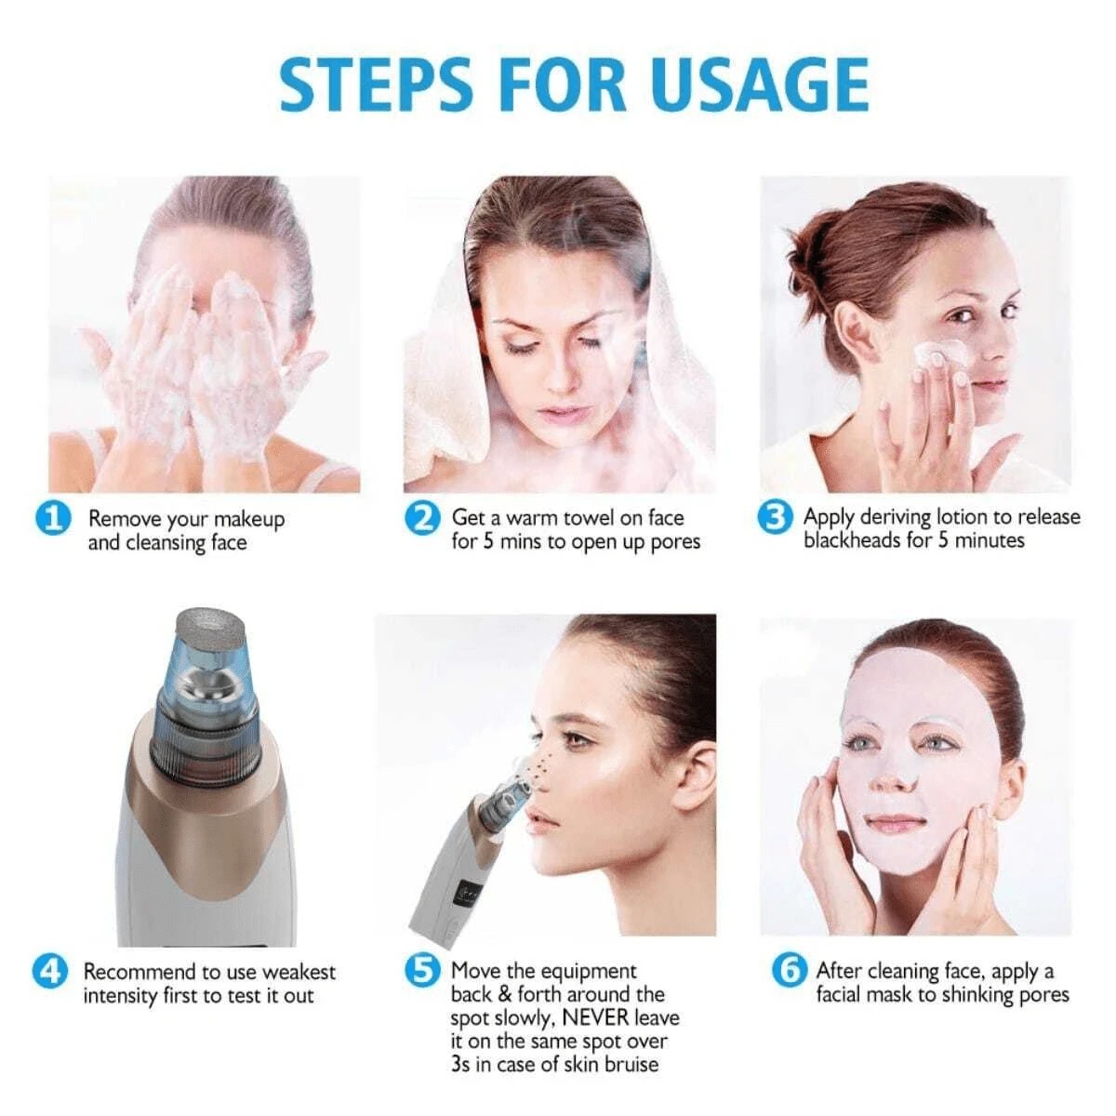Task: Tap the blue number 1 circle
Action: click(x=53, y=517)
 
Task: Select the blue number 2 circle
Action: click(x=423, y=517)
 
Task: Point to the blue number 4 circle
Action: click(x=50, y=971)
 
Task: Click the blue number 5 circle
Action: click(x=423, y=971)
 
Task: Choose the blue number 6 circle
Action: click(x=789, y=971)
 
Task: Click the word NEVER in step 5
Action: click(x=595, y=1017)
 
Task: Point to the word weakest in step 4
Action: click(x=299, y=972)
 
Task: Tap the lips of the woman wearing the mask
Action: click(x=895, y=824)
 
